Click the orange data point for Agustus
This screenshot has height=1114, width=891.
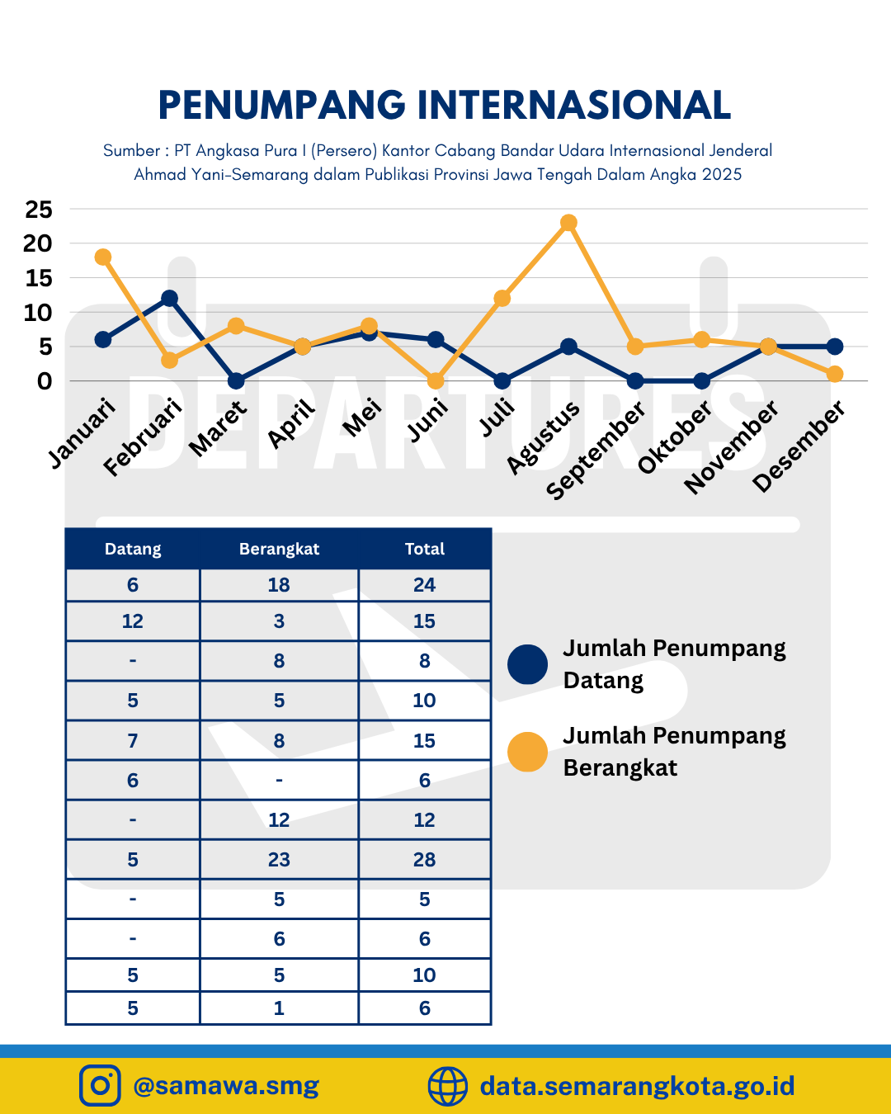568,223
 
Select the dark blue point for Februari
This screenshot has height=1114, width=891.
169,298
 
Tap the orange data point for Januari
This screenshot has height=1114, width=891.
103,257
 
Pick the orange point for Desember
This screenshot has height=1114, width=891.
835,374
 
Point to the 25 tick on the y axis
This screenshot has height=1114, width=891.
39,210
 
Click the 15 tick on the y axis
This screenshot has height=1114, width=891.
39,279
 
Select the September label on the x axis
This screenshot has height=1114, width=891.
596,450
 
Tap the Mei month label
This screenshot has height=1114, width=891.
362,418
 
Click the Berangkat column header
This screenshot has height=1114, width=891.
279,549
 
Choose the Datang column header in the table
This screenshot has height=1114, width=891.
133,549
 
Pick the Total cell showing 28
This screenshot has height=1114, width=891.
425,860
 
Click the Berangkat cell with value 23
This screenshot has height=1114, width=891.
279,860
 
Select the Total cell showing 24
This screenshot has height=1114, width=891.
425,585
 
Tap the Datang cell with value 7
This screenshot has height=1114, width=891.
133,741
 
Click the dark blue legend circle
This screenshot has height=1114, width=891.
527,664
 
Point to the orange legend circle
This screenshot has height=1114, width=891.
527,752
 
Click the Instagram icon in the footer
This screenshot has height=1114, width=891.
100,1085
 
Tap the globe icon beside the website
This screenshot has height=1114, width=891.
448,1085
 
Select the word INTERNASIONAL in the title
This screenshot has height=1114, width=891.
574,105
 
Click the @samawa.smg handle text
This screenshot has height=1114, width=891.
226,1085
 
